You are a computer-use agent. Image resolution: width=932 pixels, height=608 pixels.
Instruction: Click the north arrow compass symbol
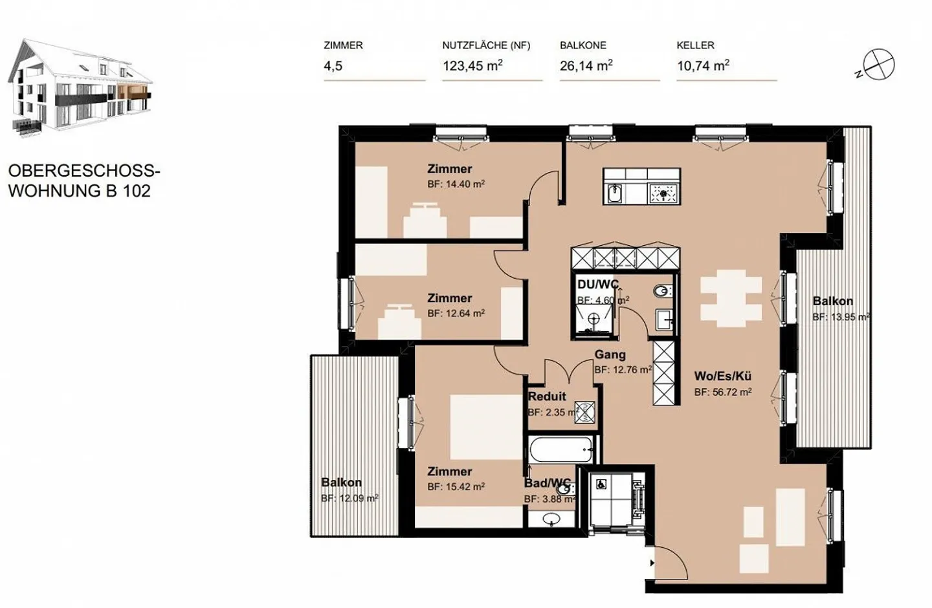tap(879, 65)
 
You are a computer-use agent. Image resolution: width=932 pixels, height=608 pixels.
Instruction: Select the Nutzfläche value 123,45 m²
tap(472, 66)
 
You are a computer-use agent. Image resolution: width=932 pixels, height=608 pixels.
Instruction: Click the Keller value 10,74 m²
tap(703, 66)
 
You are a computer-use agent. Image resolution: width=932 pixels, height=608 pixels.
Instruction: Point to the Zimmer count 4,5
tap(333, 66)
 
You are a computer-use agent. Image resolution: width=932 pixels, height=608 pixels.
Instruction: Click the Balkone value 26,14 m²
tap(586, 66)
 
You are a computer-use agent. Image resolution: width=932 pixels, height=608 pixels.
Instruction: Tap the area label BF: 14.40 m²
tap(456, 184)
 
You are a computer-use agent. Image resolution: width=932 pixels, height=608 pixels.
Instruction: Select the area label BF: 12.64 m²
tap(456, 314)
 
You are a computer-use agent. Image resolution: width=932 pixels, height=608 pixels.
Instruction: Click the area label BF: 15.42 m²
tap(456, 487)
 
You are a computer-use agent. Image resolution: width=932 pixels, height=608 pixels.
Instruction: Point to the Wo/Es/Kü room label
tap(722, 376)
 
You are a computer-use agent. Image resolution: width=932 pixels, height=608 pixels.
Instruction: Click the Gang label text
tap(610, 354)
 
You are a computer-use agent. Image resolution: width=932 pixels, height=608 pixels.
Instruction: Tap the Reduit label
tap(547, 396)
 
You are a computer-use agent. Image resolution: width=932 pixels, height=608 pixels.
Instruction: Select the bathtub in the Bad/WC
tap(560, 449)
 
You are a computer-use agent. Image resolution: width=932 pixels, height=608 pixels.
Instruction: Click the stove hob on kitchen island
tap(663, 193)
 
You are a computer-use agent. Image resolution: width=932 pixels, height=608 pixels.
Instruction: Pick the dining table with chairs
tap(731, 298)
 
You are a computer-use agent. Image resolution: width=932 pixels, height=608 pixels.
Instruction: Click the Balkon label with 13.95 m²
tap(832, 301)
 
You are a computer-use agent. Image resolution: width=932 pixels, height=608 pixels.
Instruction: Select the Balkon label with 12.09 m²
tap(341, 483)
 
